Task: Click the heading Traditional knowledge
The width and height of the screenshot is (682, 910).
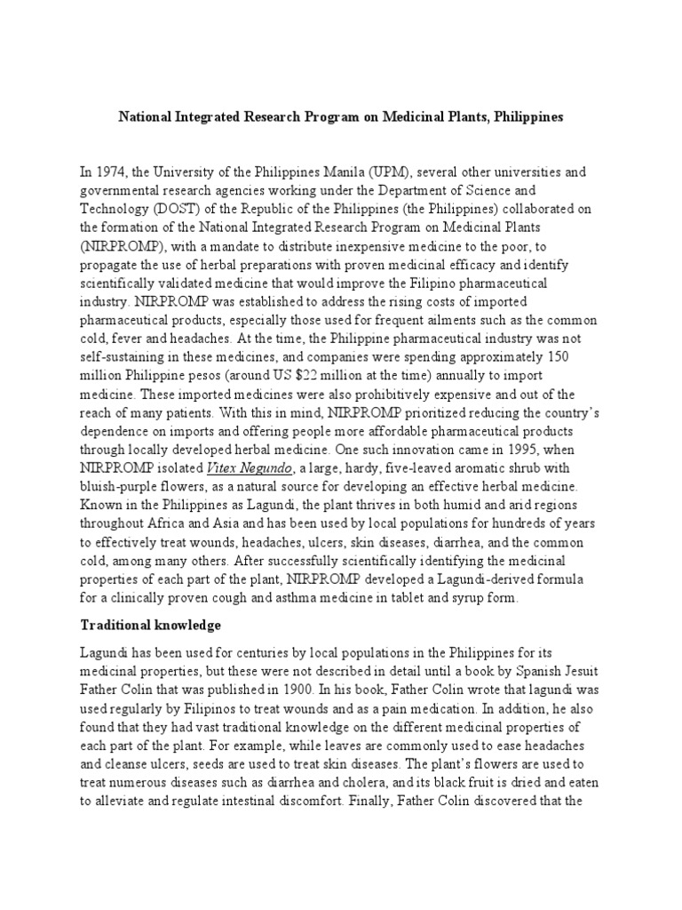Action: coord(151,625)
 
